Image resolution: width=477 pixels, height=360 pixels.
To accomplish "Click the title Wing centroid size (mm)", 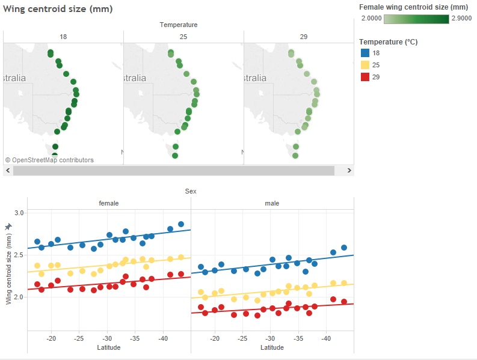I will point(58,9).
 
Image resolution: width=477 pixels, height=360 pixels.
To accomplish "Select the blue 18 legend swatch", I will point(363,53).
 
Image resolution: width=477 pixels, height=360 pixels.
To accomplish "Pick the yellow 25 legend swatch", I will point(363,65).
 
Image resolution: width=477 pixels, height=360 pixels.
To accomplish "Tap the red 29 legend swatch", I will point(363,77).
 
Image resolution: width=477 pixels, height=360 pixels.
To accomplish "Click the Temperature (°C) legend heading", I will point(388,42).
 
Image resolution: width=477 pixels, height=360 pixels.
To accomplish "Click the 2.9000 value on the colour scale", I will point(460,19).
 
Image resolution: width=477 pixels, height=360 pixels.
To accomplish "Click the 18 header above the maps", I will point(63,37).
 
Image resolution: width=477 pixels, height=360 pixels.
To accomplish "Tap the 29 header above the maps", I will point(304,37).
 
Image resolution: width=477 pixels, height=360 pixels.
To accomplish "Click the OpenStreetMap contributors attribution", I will point(49,160).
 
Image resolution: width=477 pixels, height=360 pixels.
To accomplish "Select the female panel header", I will point(109,203).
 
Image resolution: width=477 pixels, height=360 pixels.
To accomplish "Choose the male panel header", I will point(272,203).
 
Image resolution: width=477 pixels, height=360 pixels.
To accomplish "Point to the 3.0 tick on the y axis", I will point(19,213).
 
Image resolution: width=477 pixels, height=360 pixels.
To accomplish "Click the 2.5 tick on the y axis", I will point(19,255).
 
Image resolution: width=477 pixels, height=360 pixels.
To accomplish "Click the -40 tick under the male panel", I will point(325,338).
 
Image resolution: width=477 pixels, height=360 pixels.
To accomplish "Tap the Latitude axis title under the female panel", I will point(109,347).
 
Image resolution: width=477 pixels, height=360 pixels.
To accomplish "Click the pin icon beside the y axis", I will point(8,226).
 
